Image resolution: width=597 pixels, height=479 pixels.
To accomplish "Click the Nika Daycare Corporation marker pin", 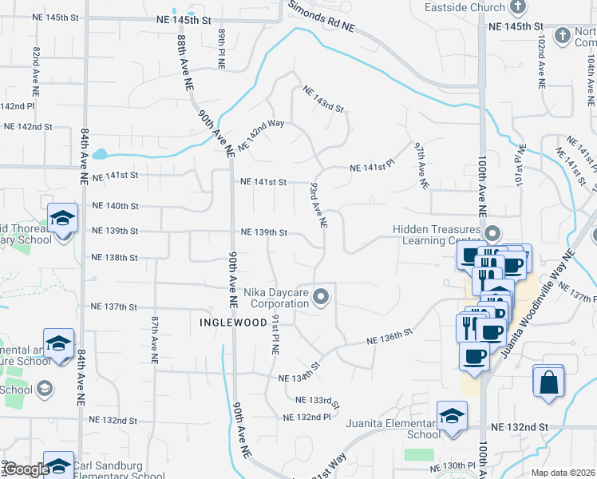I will point(322,298).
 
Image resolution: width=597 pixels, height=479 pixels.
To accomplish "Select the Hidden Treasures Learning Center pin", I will point(492,235).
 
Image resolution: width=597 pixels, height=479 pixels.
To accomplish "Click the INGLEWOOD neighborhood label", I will point(233,323).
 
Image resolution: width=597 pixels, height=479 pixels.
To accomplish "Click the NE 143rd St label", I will point(322,98).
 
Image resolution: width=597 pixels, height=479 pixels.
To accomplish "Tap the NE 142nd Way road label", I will point(261,135).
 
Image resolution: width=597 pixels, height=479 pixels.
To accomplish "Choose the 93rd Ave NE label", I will point(318,206).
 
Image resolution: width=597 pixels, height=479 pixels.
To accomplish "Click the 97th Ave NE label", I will point(421,166).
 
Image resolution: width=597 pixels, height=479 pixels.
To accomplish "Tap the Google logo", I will point(26,470).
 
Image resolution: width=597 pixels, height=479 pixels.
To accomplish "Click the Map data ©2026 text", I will point(563,473).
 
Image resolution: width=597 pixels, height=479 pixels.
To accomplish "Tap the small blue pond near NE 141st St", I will point(101,154).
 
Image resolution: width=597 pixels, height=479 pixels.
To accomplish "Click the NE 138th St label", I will point(115,258).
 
